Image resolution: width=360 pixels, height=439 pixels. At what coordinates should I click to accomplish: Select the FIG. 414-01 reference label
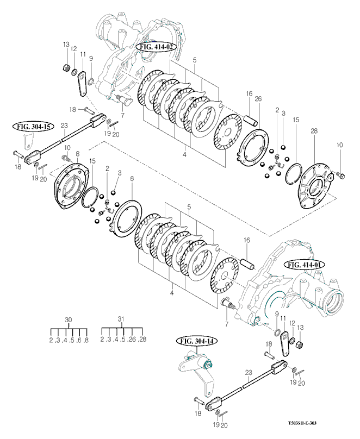305,264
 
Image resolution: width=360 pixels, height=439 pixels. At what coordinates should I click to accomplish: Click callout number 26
258,98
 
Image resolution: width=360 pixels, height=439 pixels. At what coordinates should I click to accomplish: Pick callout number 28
314,130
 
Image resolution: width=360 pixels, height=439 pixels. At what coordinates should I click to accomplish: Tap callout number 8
78,154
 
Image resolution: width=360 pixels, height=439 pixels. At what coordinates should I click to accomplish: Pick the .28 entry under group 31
142,340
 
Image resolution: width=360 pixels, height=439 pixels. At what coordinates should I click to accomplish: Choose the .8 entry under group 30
85,340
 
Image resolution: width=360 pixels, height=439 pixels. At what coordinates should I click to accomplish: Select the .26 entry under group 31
132,340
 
